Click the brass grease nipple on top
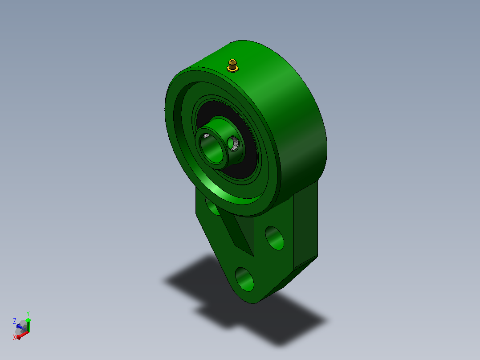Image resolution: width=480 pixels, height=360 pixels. (x=232, y=65)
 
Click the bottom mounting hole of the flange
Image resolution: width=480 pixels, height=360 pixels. (x=244, y=279)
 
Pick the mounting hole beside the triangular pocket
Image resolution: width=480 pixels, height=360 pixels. (x=275, y=238)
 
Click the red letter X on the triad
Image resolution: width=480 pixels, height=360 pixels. (x=14, y=337)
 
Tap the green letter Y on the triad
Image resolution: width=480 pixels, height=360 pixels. (x=28, y=313)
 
